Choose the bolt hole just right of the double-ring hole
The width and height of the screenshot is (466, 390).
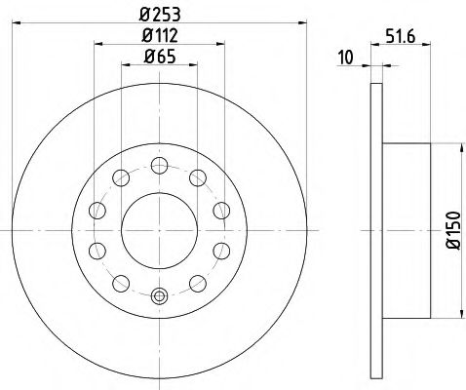(x=195, y=284)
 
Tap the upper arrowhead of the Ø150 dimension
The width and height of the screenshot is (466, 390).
(x=455, y=147)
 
